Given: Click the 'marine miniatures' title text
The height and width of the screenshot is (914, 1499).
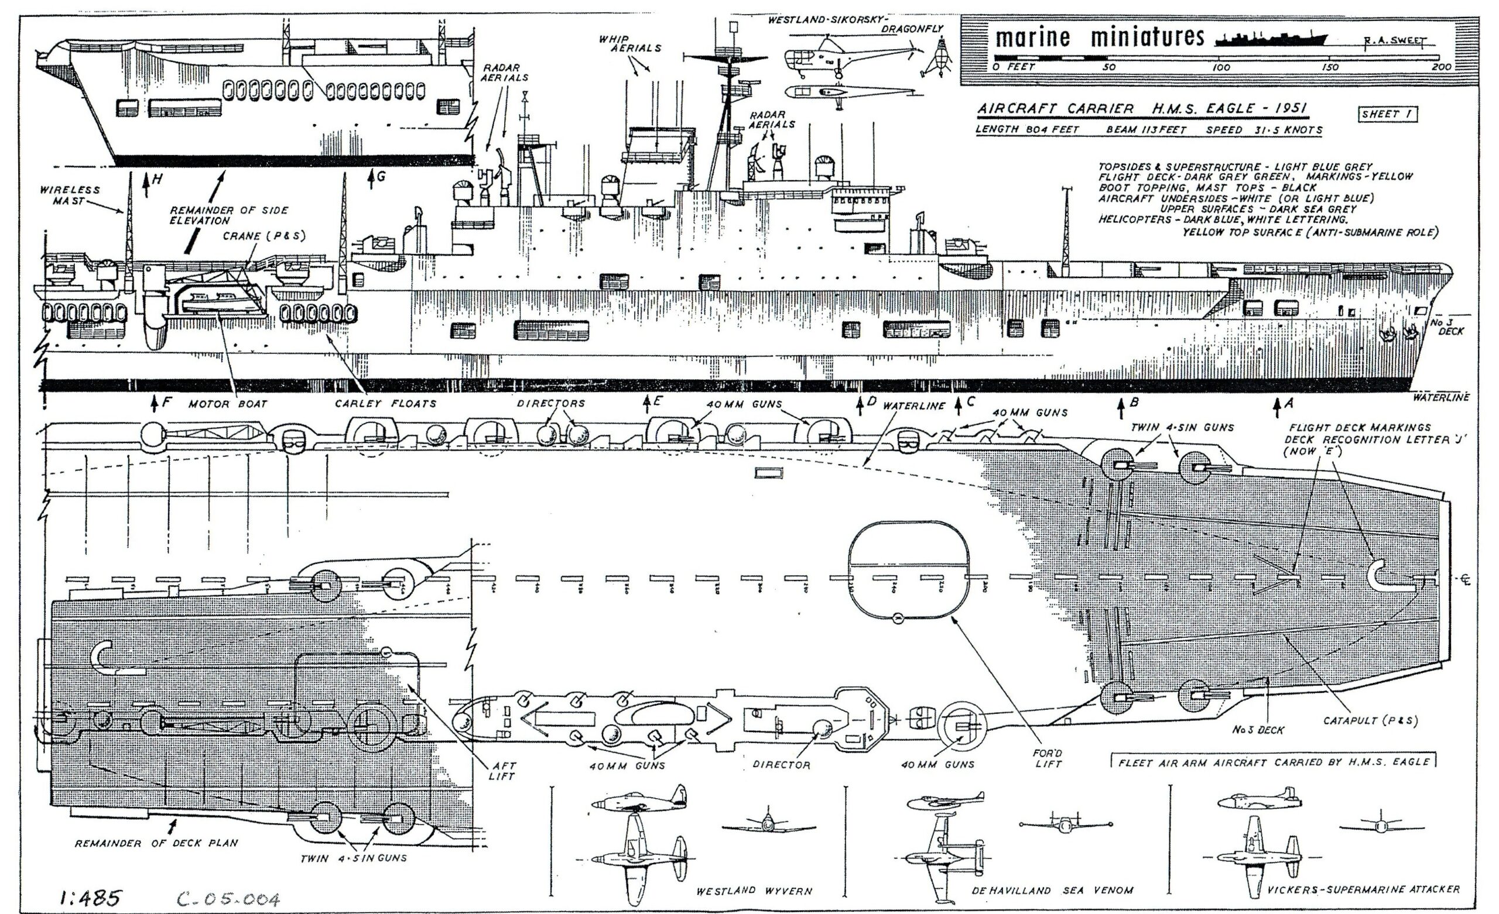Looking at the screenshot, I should click(1099, 37).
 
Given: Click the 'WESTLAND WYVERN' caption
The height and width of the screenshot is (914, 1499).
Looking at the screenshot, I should click(754, 891).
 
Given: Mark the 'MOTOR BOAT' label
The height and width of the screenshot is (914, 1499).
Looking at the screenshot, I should click(228, 403).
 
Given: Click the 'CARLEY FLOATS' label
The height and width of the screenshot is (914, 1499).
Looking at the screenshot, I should click(386, 403).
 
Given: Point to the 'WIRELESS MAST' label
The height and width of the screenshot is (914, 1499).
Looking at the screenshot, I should click(69, 195).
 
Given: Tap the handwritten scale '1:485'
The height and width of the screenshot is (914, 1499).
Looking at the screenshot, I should click(91, 898).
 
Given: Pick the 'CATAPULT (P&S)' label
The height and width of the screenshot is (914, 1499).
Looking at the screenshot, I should click(1371, 721).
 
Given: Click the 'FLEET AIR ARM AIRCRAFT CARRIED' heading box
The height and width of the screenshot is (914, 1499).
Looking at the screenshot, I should click(1273, 761).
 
